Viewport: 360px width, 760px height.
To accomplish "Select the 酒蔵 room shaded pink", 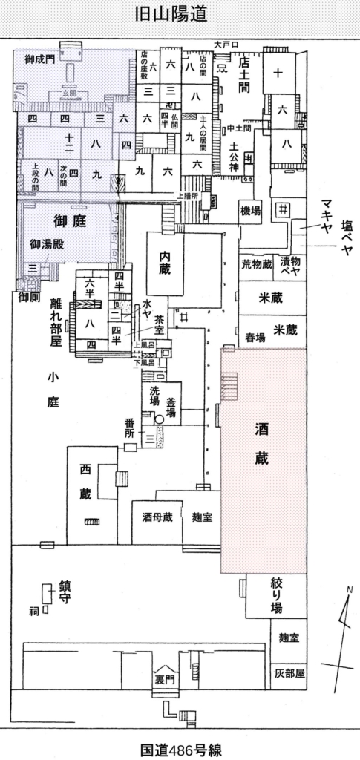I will [x=262, y=445].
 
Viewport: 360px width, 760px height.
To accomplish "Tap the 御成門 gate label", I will [x=39, y=59].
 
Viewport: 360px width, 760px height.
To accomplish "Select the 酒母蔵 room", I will [x=157, y=517].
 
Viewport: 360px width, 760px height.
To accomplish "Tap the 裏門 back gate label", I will [x=164, y=678].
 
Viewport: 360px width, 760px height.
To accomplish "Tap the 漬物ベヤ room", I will [x=289, y=264].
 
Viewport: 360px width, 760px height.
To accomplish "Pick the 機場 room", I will [x=251, y=211].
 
